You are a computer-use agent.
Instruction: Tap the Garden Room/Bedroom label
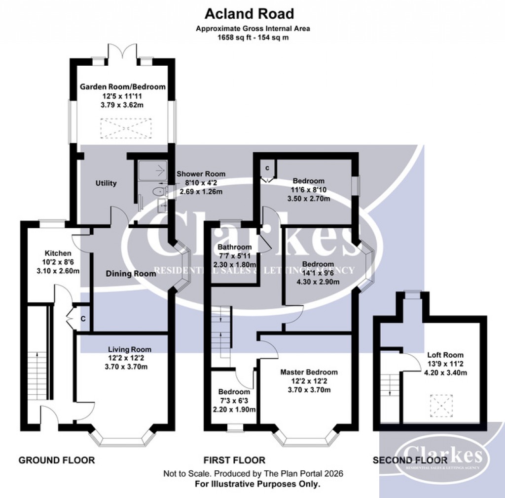(123, 87)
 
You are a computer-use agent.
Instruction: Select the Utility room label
(106, 183)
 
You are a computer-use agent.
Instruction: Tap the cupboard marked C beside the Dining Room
(83, 319)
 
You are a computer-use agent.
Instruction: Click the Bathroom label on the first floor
(235, 247)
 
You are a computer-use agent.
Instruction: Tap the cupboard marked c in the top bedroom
(267, 168)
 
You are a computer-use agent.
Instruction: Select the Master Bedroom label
(309, 372)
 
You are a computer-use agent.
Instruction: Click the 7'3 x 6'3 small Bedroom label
(235, 392)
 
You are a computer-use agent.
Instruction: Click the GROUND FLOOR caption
(57, 460)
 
